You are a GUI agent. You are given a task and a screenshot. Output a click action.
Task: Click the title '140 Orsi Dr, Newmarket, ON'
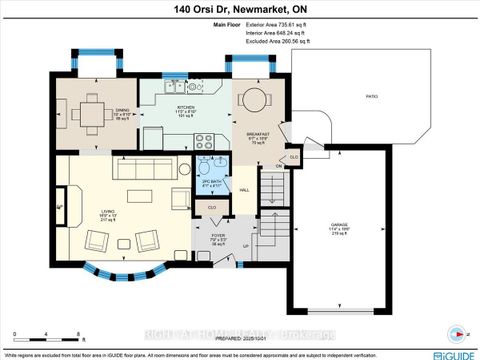click(x=240, y=9)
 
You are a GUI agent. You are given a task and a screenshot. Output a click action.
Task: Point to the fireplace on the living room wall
click(x=61, y=209)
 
